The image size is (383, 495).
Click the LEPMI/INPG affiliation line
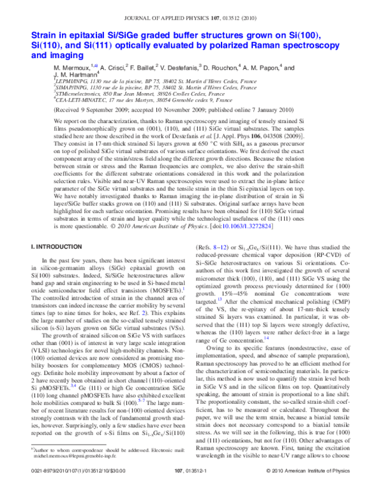tap(147, 83)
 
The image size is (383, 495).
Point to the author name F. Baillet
tap(136, 67)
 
